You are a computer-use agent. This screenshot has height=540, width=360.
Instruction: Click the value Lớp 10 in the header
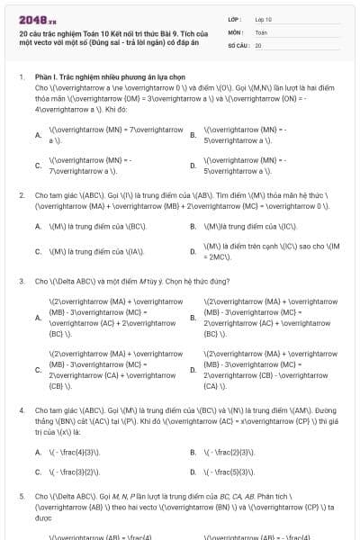coord(264,18)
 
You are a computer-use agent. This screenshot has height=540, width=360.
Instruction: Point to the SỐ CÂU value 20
coord(258,44)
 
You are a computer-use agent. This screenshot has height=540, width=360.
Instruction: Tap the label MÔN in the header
coord(236,31)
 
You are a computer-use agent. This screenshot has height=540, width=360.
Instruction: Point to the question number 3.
coord(22,281)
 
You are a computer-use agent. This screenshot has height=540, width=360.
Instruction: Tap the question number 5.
coord(22,496)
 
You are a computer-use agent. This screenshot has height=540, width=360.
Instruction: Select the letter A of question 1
coord(38,136)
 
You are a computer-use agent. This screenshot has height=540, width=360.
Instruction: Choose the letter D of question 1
coord(193,166)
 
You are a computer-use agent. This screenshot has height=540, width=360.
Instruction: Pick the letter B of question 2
coord(193,227)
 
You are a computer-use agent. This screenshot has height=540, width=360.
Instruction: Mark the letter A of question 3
coord(38,316)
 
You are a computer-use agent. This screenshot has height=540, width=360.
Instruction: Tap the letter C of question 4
coord(38,471)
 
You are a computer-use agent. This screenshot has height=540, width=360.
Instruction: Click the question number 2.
coord(22,194)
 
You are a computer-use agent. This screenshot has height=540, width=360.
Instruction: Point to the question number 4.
coord(22,410)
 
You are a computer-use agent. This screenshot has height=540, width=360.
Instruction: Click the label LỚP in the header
coord(235,18)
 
